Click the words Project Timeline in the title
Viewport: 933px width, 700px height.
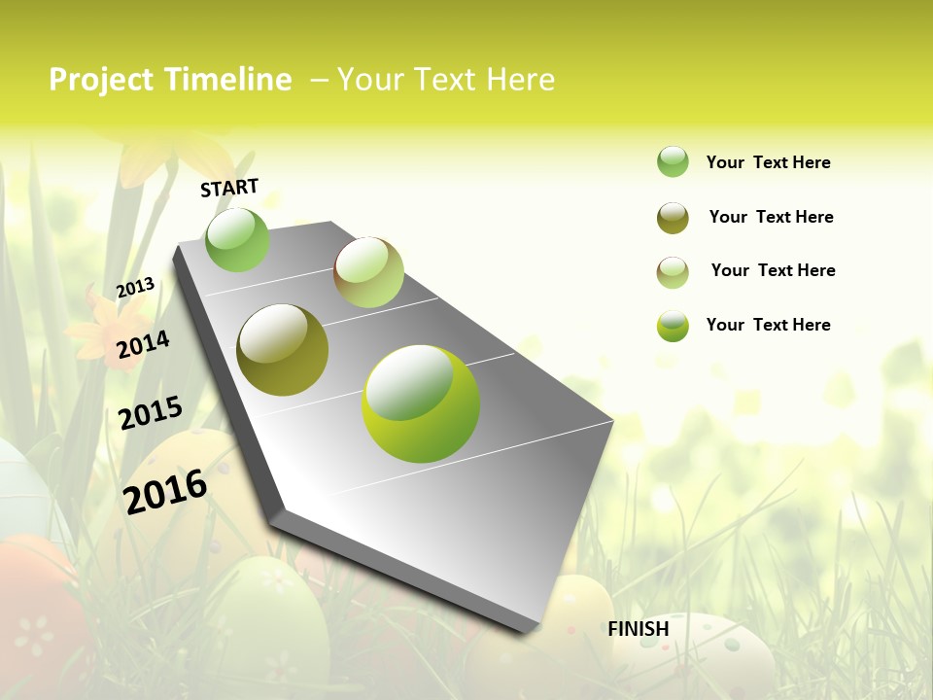click(x=170, y=80)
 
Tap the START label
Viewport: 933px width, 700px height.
click(x=229, y=188)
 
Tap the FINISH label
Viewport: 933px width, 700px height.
click(x=639, y=629)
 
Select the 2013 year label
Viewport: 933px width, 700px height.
click(x=135, y=287)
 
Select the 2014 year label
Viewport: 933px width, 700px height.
click(x=143, y=344)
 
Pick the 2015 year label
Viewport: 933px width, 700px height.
click(x=151, y=412)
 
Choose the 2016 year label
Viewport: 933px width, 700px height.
click(x=165, y=491)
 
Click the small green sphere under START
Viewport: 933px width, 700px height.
click(x=237, y=239)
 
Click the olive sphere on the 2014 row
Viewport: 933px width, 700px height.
click(x=283, y=350)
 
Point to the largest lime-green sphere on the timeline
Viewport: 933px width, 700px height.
click(x=421, y=403)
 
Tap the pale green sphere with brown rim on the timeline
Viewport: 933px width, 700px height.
click(x=368, y=272)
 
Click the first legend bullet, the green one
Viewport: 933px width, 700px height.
click(x=673, y=162)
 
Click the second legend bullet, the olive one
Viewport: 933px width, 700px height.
click(x=673, y=218)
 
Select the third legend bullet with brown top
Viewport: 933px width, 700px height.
click(x=673, y=272)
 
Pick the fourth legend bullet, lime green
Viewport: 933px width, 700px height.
click(x=673, y=326)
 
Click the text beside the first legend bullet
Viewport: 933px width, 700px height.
click(x=768, y=162)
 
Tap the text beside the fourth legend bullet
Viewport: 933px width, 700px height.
click(x=768, y=325)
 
